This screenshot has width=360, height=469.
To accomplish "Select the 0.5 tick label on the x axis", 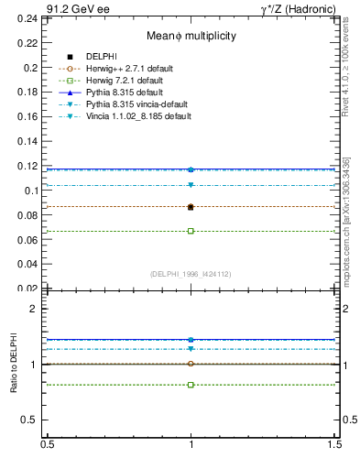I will (x=46, y=445).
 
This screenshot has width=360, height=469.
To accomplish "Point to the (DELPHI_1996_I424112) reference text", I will (x=191, y=274).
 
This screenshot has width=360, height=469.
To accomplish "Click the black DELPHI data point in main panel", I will (x=191, y=207).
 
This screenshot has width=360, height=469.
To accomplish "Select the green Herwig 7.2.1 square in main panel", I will (x=191, y=231).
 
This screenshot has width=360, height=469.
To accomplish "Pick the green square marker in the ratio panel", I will (x=191, y=385).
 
